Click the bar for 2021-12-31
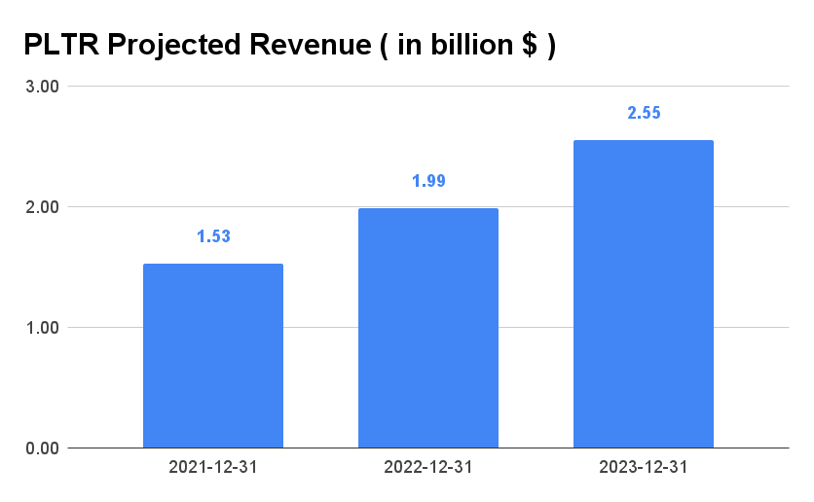point(213,356)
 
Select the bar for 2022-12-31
point(428,328)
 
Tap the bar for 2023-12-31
point(643,294)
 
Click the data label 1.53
point(213,236)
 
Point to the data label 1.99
point(428,181)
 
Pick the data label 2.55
point(643,113)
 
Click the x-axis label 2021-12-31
point(213,468)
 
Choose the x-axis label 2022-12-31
point(428,468)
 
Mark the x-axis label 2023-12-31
point(643,468)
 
